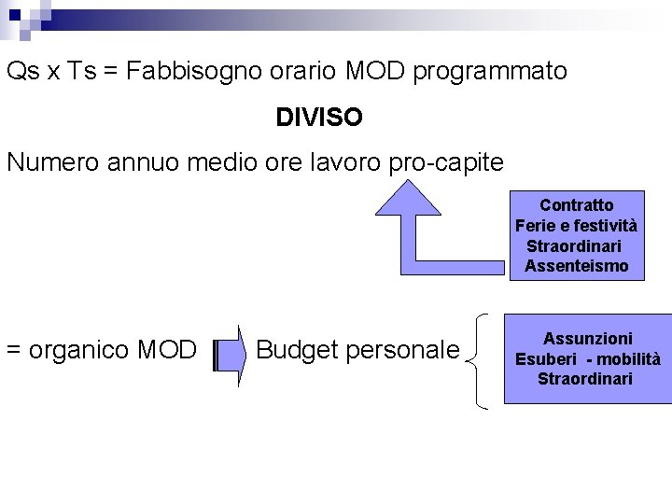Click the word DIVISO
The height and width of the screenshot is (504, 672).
(x=319, y=119)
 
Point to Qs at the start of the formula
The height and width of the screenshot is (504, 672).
(x=21, y=72)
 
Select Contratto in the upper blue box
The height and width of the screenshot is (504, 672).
(x=577, y=205)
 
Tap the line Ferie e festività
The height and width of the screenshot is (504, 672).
(x=577, y=226)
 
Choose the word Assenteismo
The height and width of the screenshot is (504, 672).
(x=577, y=267)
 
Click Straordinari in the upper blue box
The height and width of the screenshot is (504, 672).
(x=574, y=246)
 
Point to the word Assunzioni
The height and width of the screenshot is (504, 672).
(x=588, y=339)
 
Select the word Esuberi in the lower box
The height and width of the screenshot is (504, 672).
(x=545, y=359)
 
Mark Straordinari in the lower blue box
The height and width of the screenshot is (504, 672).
(x=585, y=379)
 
